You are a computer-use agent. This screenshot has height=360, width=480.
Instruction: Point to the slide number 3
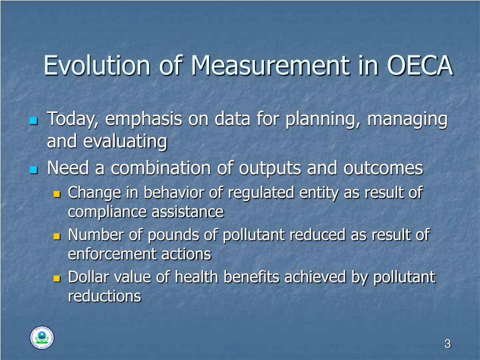(447, 345)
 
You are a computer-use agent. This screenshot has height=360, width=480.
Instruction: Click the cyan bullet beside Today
(33, 121)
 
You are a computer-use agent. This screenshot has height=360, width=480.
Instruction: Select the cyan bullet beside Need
(33, 170)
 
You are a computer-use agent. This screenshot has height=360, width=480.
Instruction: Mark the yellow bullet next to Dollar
(57, 278)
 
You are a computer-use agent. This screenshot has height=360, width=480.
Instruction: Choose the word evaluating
(125, 142)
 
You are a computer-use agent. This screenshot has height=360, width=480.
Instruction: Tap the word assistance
(187, 212)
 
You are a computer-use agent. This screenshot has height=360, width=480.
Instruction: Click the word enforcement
(112, 255)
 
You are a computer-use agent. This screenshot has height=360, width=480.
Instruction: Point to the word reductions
(104, 297)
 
